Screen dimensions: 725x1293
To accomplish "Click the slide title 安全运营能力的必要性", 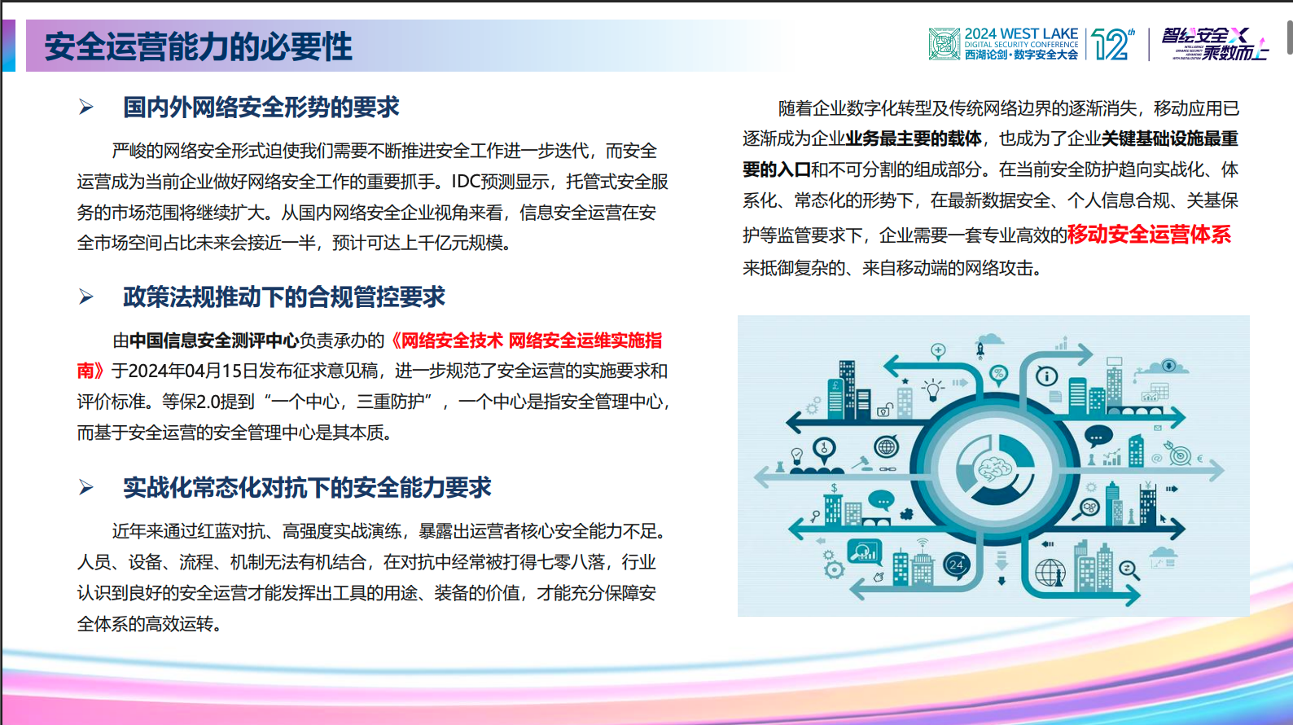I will point(198,46).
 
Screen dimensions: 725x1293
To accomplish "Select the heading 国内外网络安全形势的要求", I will point(261,107).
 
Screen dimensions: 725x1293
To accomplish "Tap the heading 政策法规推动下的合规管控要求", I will point(284,297).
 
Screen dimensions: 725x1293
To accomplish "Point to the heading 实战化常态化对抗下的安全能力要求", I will point(307,487).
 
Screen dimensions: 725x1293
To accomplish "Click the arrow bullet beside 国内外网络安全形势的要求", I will point(86,107).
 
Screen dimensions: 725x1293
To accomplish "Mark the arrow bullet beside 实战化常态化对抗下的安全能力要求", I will point(86,487).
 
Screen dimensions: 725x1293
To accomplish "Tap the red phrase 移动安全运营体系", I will point(1149,235).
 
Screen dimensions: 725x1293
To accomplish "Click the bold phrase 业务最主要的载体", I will point(913,138).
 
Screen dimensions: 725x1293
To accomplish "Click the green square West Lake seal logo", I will point(945,44).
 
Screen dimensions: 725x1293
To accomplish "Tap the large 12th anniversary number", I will point(1111,44).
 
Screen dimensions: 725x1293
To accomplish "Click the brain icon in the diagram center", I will point(994,468).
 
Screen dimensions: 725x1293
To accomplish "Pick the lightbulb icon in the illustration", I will point(932,389).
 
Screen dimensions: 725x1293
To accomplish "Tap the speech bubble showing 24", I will point(956,565).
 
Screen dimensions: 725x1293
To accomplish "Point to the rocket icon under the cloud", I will point(980,350).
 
